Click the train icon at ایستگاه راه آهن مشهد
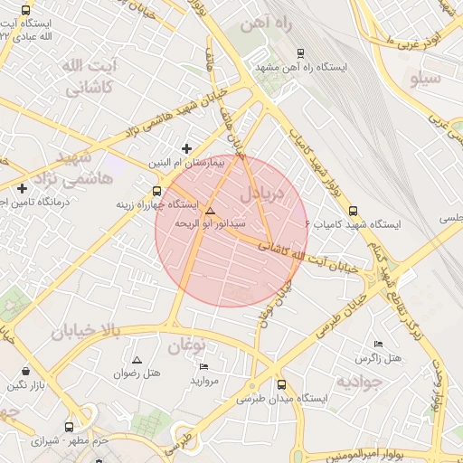tap(300, 52)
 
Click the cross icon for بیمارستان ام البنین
tap(187, 148)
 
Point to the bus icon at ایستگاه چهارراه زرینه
tap(157, 191)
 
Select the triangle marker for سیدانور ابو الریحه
tap(211, 210)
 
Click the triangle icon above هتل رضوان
tap(137, 360)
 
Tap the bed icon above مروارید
tap(203, 367)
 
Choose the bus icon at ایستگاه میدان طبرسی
tap(281, 384)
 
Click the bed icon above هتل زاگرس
tap(378, 345)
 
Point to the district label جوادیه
tap(361, 382)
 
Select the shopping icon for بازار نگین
tap(25, 371)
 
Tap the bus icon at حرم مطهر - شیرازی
tap(70, 427)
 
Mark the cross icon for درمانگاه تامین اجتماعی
tap(22, 188)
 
